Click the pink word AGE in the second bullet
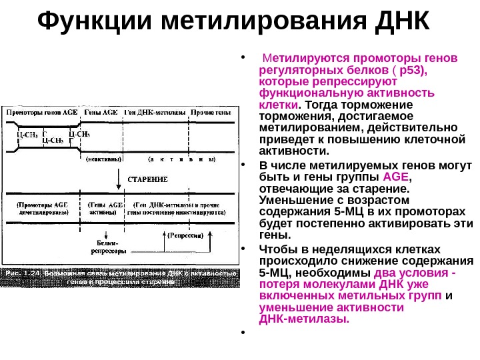pos(396,177)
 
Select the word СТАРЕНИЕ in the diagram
pos(147,179)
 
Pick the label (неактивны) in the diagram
pos(104,159)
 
